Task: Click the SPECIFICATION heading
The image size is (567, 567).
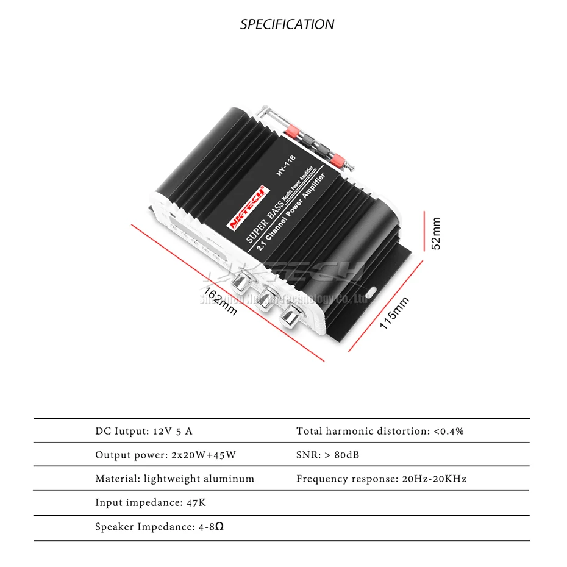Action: pos(287,24)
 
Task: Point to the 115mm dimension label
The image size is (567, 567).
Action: pos(394,312)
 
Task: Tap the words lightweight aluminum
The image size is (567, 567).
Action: pos(199,479)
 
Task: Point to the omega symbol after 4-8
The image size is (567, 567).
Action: pos(219,526)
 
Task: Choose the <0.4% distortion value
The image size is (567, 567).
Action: pos(449,431)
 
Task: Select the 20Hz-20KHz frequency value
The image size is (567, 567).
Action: pos(434,479)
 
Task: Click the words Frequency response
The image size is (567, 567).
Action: pos(346,479)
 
